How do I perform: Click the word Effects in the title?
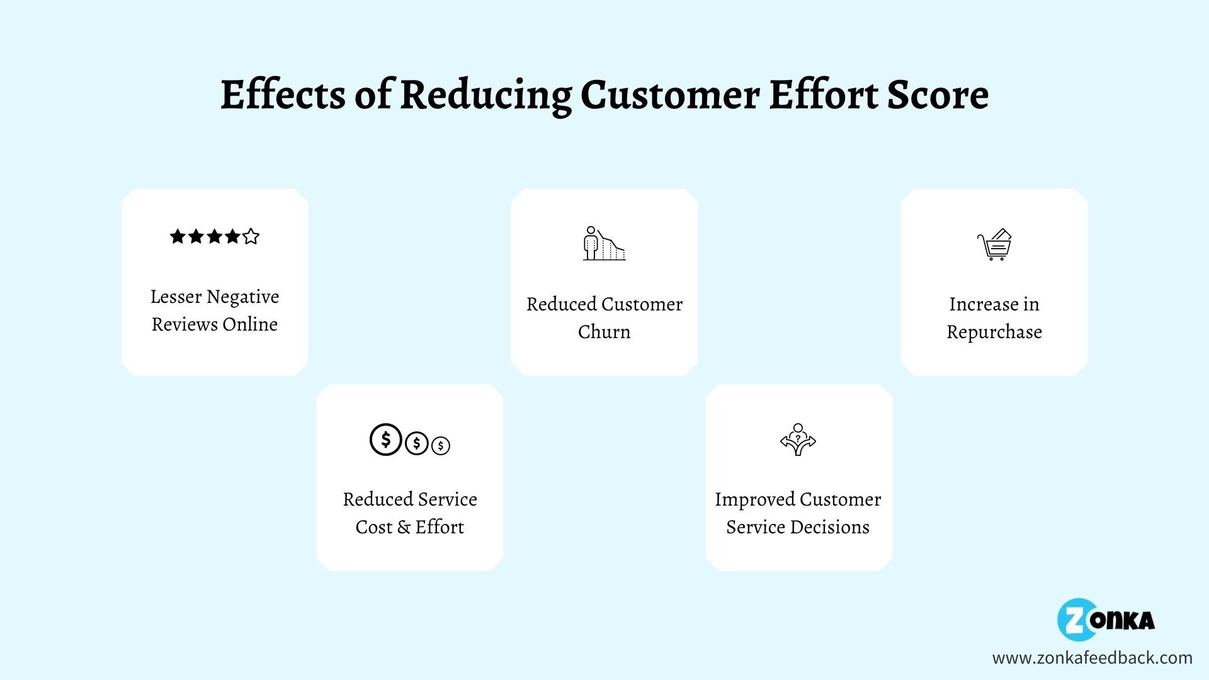pos(283,96)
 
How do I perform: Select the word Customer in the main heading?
pos(670,96)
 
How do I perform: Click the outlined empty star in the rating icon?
pos(251,237)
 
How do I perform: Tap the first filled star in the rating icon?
pos(178,237)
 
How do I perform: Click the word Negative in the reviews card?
pos(242,297)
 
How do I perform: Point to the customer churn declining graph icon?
pos(604,244)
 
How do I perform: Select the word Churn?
pos(604,332)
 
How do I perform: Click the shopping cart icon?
pos(994,244)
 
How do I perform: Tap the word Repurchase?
pos(994,332)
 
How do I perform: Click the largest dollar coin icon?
pos(385,439)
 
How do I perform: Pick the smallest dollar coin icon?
pos(441,446)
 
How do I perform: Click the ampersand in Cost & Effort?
pos(404,527)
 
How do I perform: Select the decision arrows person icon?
pos(798,439)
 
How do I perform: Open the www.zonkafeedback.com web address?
pos(1092,658)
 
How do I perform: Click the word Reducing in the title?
pos(485,96)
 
